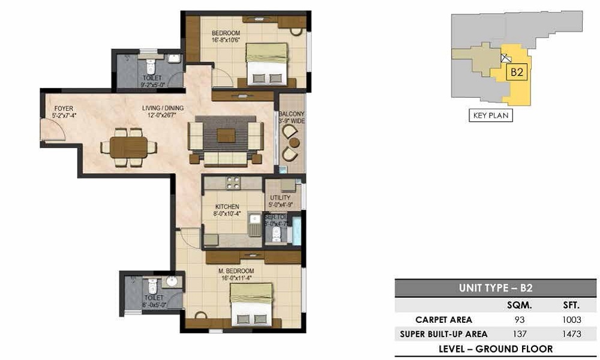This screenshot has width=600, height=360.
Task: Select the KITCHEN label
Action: click(227, 206)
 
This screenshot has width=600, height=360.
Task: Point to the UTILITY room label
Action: click(280, 197)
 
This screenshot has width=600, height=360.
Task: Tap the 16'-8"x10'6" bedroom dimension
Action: click(226, 41)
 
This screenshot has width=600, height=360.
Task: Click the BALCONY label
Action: click(292, 113)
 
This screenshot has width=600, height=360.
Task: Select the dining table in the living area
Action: click(128, 146)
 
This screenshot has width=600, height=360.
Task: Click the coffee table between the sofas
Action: click(226, 136)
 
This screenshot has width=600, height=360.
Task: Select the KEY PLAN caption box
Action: click(490, 115)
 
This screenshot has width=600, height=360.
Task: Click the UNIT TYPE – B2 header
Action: click(496, 288)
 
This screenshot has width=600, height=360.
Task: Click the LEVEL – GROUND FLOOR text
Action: click(496, 349)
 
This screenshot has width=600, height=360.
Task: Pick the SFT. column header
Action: click(569, 305)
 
